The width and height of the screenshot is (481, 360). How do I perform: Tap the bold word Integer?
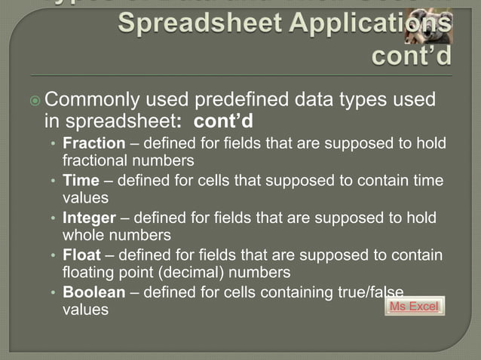click(89, 218)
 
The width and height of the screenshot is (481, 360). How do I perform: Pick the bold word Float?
click(81, 255)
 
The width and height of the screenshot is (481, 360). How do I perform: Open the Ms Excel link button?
click(415, 307)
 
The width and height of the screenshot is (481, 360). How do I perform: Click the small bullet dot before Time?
click(53, 182)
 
